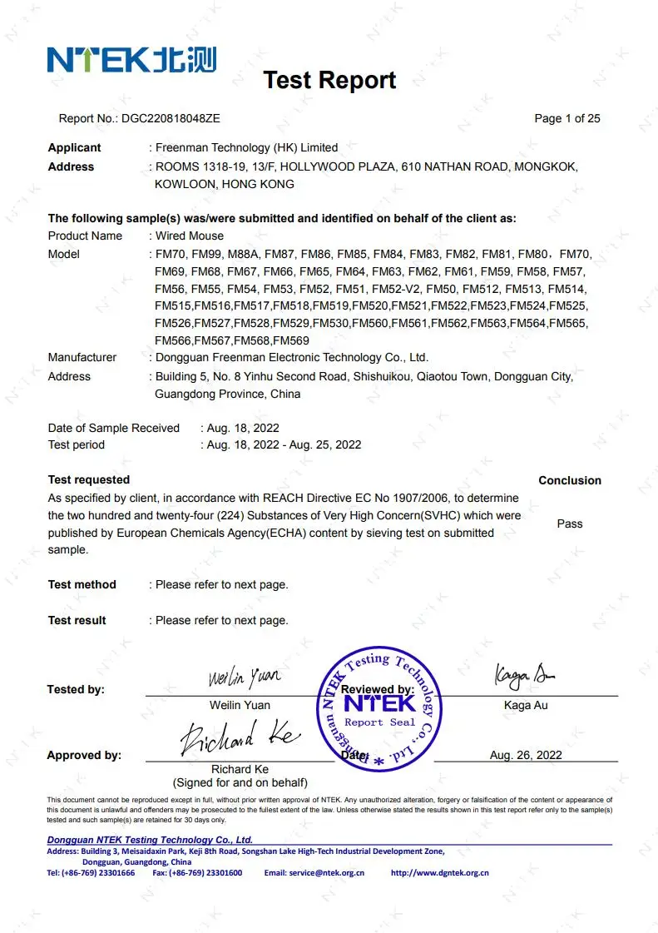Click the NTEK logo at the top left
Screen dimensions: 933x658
click(x=131, y=60)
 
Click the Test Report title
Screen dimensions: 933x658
click(x=329, y=81)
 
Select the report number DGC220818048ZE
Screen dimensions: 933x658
click(x=171, y=118)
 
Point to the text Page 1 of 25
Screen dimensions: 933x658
click(x=566, y=118)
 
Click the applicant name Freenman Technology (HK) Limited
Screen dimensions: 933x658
click(x=247, y=147)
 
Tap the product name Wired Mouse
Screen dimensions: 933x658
click(x=190, y=236)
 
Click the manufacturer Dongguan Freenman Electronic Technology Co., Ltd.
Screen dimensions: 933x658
click(x=292, y=357)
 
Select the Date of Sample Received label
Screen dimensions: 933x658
click(x=114, y=428)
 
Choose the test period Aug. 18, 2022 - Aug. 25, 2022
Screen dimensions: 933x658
click(x=284, y=444)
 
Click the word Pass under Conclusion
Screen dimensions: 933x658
click(x=570, y=524)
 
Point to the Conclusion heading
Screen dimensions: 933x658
click(x=570, y=480)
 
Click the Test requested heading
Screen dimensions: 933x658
click(x=89, y=479)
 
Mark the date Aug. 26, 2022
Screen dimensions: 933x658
click(x=526, y=755)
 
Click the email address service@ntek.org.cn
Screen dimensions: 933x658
click(x=326, y=873)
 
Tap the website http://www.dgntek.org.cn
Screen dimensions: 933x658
click(x=440, y=873)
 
